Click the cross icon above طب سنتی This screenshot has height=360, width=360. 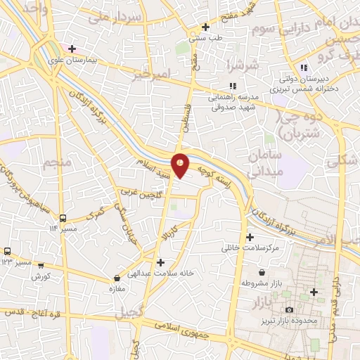click(x=205, y=27)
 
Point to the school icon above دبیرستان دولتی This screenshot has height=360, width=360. click(x=304, y=67)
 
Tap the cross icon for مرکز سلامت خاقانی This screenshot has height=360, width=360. click(x=250, y=237)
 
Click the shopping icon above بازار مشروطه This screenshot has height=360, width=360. click(x=262, y=271)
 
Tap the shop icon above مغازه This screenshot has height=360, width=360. click(x=117, y=278)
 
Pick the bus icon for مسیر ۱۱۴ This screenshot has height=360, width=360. click(x=63, y=218)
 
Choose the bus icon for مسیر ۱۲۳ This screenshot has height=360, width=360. click(x=8, y=251)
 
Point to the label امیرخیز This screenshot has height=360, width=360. click(x=151, y=73)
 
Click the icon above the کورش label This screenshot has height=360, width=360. click(x=40, y=265)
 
